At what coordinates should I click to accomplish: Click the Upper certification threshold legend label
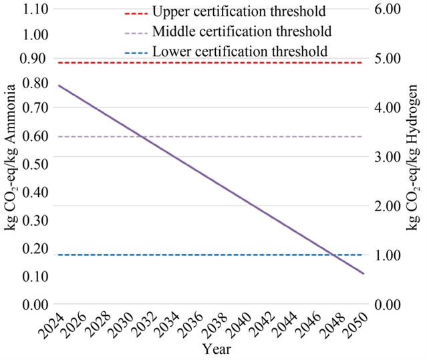point(239,11)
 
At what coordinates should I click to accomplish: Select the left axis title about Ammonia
point(11,159)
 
